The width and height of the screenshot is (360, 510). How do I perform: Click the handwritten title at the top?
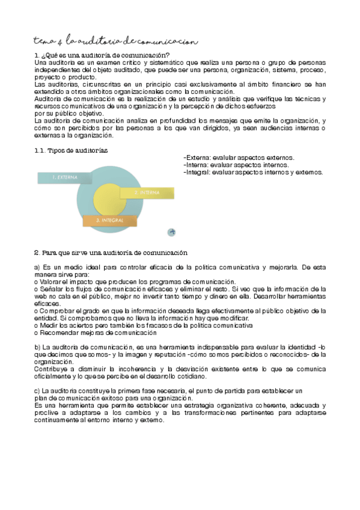(x=114, y=41)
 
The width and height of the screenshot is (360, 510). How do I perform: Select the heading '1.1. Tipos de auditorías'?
(x=72, y=149)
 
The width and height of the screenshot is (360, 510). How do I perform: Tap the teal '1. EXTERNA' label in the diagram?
(x=63, y=177)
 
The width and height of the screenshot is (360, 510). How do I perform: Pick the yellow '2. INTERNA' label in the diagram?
(x=148, y=192)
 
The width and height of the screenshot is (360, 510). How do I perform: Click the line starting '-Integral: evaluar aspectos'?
(x=253, y=172)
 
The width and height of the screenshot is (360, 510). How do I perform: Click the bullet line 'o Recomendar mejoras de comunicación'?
(x=91, y=332)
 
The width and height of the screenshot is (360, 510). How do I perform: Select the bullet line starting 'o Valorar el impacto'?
(x=135, y=281)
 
